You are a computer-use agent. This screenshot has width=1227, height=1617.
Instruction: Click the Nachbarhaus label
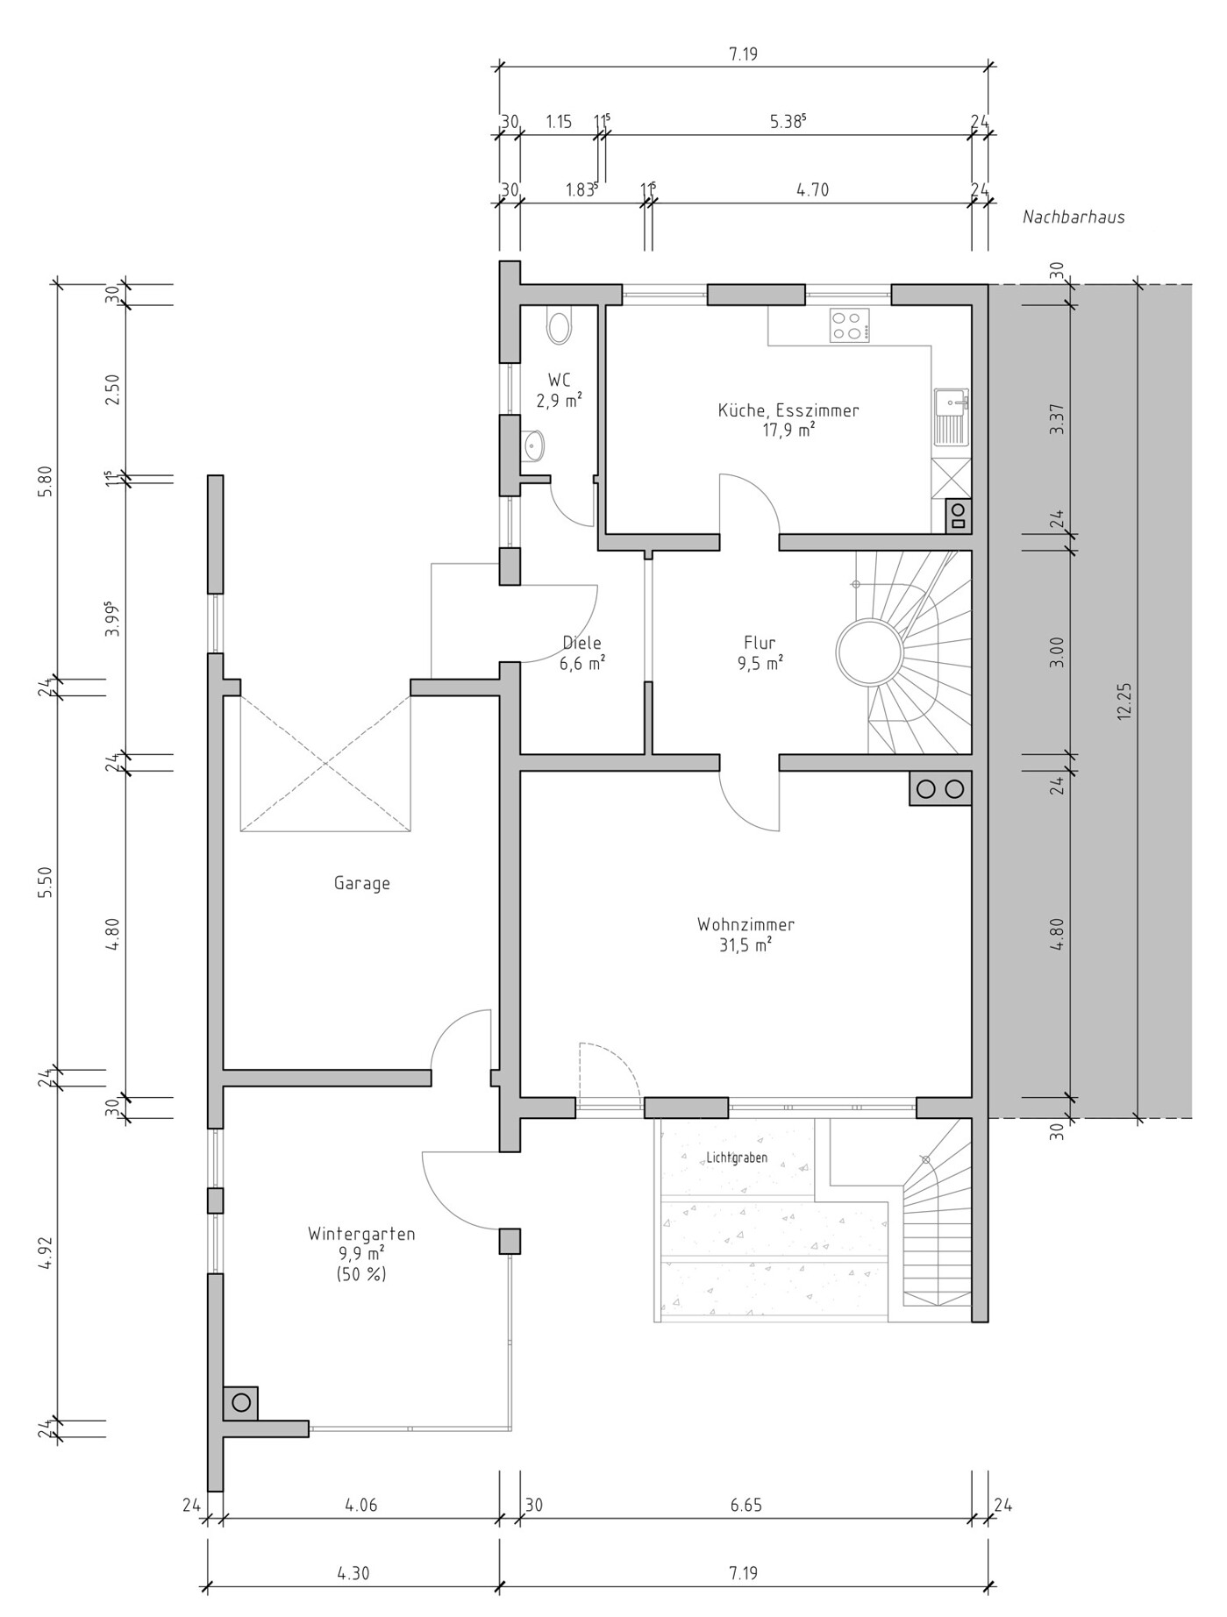point(1074,217)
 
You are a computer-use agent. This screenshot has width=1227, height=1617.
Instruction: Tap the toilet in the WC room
point(559,325)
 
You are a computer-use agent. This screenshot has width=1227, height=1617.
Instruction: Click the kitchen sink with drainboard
point(952,417)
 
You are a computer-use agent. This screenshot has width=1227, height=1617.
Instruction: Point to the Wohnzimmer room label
point(746,924)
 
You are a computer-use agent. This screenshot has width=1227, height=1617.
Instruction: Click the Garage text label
point(361,883)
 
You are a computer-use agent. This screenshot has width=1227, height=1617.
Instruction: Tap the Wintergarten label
point(361,1234)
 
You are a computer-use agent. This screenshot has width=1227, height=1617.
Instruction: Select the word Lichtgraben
point(737,1158)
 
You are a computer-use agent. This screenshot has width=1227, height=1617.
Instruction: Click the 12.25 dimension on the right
point(1125,702)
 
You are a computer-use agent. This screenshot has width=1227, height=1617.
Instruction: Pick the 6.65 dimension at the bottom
point(746,1506)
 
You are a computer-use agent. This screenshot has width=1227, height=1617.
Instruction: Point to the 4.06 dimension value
point(361,1506)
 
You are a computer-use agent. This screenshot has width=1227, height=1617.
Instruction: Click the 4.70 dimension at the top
point(812,189)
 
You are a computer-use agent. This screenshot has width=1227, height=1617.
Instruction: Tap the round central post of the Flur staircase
point(869,652)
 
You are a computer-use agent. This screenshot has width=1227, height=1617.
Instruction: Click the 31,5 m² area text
point(746,944)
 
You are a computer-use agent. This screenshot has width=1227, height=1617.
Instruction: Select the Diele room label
point(582,644)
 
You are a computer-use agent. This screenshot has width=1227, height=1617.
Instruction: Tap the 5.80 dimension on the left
point(46,481)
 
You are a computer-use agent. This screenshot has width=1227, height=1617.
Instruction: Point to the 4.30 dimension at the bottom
point(353,1573)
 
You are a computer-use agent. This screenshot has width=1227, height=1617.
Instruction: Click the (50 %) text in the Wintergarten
point(361,1274)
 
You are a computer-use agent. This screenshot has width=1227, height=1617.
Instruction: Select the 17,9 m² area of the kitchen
point(789,430)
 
